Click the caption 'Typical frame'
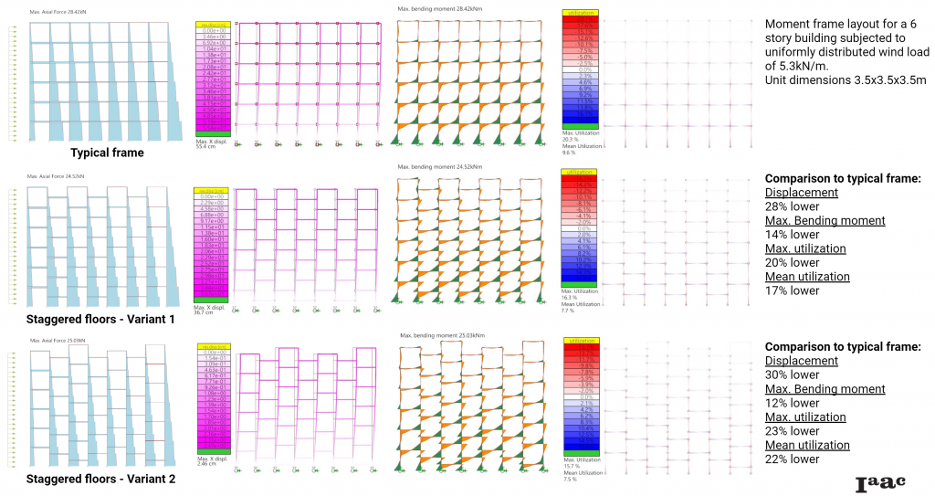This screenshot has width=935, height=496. coord(107,153)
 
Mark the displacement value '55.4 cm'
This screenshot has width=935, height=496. coord(205,147)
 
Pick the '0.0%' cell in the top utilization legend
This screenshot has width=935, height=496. coord(580,69)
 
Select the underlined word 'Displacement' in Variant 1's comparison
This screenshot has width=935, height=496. coord(801,193)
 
